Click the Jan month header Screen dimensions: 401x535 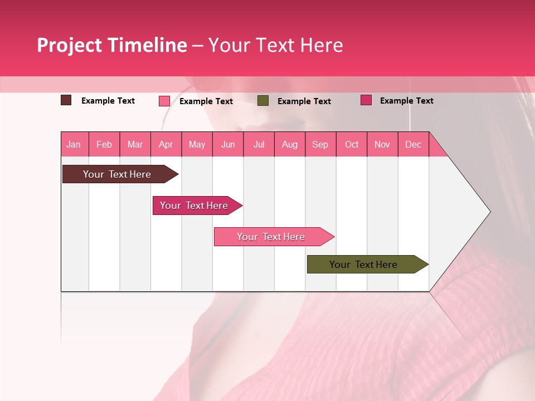[74, 144]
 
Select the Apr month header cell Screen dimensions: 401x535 [166, 144]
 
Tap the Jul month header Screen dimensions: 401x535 [259, 144]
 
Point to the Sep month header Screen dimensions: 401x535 [320, 144]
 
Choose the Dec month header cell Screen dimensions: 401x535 [413, 144]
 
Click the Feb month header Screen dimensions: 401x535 [104, 144]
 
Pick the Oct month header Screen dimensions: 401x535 [352, 144]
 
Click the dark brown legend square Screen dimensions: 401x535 [66, 100]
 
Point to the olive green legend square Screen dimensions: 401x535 [263, 101]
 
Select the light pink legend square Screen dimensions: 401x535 [164, 101]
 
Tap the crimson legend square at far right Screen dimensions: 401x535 [366, 100]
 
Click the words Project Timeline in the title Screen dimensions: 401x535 [111, 45]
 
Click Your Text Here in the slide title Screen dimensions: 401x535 [276, 45]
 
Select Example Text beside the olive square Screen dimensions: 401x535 [304, 101]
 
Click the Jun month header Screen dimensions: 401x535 [228, 144]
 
